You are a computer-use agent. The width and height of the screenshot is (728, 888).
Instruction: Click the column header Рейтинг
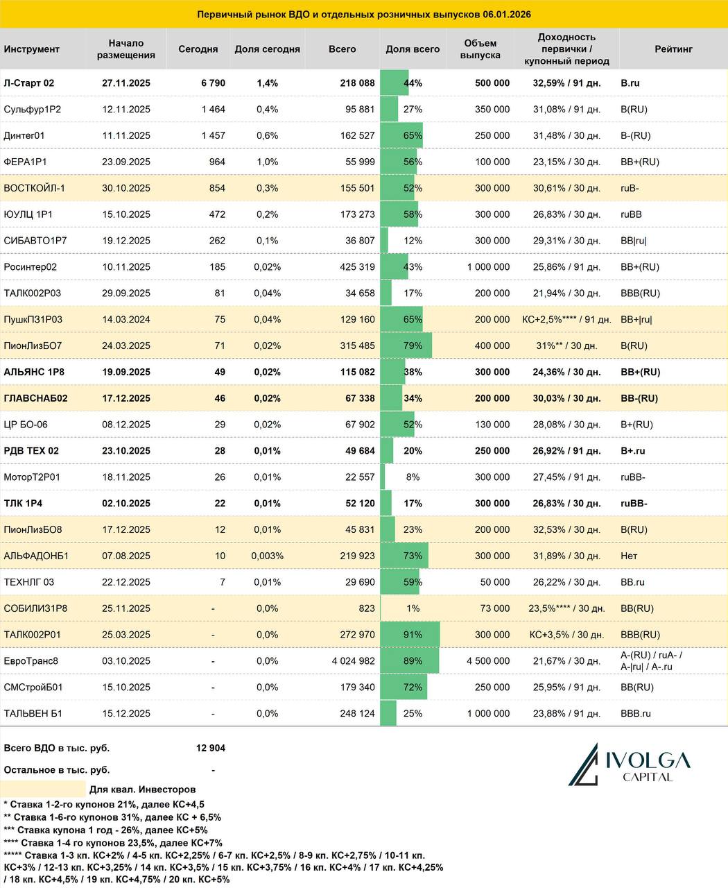point(673,49)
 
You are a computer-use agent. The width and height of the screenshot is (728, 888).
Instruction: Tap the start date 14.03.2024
point(126,320)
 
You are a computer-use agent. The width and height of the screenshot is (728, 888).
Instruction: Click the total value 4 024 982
point(353,661)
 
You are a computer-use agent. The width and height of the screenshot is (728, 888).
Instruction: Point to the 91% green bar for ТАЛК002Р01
point(410,635)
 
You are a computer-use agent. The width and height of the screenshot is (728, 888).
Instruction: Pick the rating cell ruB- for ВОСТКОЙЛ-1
point(630,189)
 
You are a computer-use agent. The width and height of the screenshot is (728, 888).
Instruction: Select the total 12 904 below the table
point(211,749)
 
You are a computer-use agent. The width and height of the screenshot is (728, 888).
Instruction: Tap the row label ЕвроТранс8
point(31,661)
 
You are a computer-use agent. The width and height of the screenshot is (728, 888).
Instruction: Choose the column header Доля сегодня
point(267,49)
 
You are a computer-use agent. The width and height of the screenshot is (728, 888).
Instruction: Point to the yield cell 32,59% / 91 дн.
point(566,83)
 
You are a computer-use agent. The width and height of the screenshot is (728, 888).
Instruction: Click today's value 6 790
point(213,83)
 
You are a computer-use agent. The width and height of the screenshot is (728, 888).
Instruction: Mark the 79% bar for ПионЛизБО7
point(406,346)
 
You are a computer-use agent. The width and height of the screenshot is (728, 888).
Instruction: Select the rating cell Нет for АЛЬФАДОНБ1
point(630,556)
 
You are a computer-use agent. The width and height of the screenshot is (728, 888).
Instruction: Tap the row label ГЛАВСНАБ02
point(35,399)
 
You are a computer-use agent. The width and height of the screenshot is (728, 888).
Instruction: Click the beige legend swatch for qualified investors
point(43,789)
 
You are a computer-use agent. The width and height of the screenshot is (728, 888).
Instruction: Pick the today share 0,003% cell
point(267,556)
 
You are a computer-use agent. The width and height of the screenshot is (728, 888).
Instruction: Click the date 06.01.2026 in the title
point(508,15)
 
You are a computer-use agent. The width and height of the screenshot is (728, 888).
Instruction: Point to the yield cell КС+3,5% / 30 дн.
point(566,635)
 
